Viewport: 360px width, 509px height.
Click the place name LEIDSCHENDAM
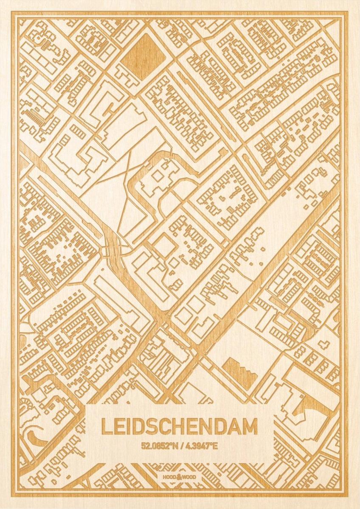click(179, 427)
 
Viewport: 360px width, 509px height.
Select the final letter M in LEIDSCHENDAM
click(250, 427)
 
